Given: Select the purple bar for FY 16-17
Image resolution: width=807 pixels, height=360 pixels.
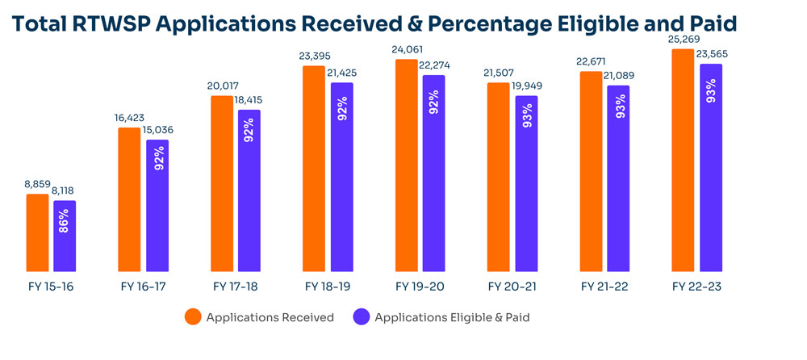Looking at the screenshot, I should coord(157,206).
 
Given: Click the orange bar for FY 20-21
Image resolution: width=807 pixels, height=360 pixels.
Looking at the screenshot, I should coord(499,177).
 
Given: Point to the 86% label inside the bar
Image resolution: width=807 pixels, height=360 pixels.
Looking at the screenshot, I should coord(65,220).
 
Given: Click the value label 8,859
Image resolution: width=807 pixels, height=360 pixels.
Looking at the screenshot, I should coord(37,185).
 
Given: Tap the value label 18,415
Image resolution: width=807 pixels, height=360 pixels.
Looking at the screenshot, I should coord(250,101).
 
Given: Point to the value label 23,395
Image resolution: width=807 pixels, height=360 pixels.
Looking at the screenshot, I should coord(315,57).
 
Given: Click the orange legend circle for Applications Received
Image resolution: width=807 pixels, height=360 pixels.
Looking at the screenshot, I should coord(193,317).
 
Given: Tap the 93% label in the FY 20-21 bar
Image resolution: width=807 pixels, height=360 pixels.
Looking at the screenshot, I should coord(527,113).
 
